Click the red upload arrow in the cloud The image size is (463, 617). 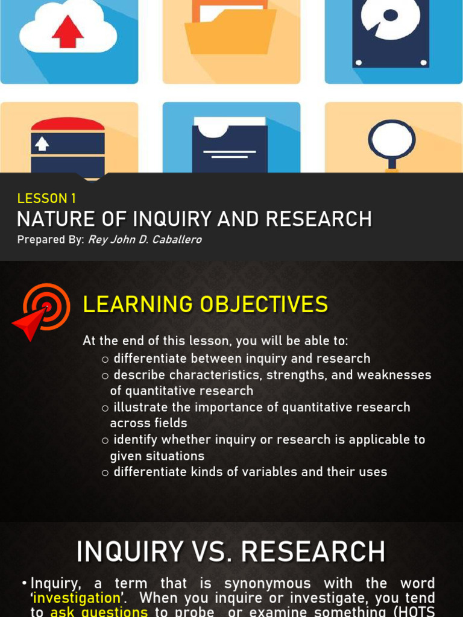68,31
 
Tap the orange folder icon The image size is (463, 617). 230,31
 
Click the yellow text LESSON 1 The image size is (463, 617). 46,198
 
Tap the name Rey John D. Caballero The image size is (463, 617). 145,240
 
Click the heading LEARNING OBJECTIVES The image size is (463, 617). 205,305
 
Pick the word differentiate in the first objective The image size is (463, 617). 151,359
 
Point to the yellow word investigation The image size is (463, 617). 77,598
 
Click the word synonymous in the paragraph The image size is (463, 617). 268,583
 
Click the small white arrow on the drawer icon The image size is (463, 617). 42,143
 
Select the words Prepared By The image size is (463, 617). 49,240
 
